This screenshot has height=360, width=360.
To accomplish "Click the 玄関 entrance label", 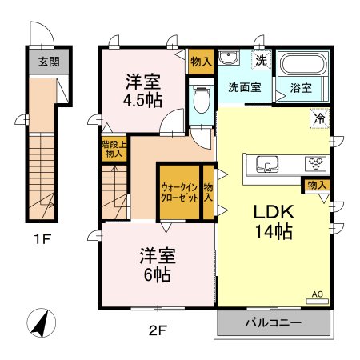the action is (x=49, y=62).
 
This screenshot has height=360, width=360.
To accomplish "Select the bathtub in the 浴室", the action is (x=304, y=64).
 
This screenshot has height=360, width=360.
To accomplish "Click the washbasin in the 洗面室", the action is (x=229, y=57).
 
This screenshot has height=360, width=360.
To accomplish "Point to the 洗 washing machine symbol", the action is (x=261, y=61).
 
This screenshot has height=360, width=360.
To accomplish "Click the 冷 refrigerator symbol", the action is (x=320, y=118).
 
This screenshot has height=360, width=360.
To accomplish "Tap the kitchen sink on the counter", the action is (x=267, y=164).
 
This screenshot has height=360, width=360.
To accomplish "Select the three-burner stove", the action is (x=316, y=163).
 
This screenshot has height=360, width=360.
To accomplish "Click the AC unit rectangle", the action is (x=317, y=302).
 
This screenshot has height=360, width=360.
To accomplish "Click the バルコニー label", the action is (x=274, y=323).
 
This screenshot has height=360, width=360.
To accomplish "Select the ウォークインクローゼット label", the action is (x=179, y=193).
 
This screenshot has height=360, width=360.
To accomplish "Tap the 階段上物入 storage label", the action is (x=114, y=149).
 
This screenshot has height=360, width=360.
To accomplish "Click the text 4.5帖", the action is (x=142, y=101).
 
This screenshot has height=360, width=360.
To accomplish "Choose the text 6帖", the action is (x=158, y=275).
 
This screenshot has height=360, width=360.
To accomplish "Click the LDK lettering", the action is (x=274, y=212).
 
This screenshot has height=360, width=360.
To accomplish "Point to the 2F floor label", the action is (x=158, y=331).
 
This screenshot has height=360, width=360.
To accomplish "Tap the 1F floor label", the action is (x=42, y=239).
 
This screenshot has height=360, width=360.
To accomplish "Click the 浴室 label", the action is (x=301, y=88).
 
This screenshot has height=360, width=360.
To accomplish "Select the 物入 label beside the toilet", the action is (x=202, y=62).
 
